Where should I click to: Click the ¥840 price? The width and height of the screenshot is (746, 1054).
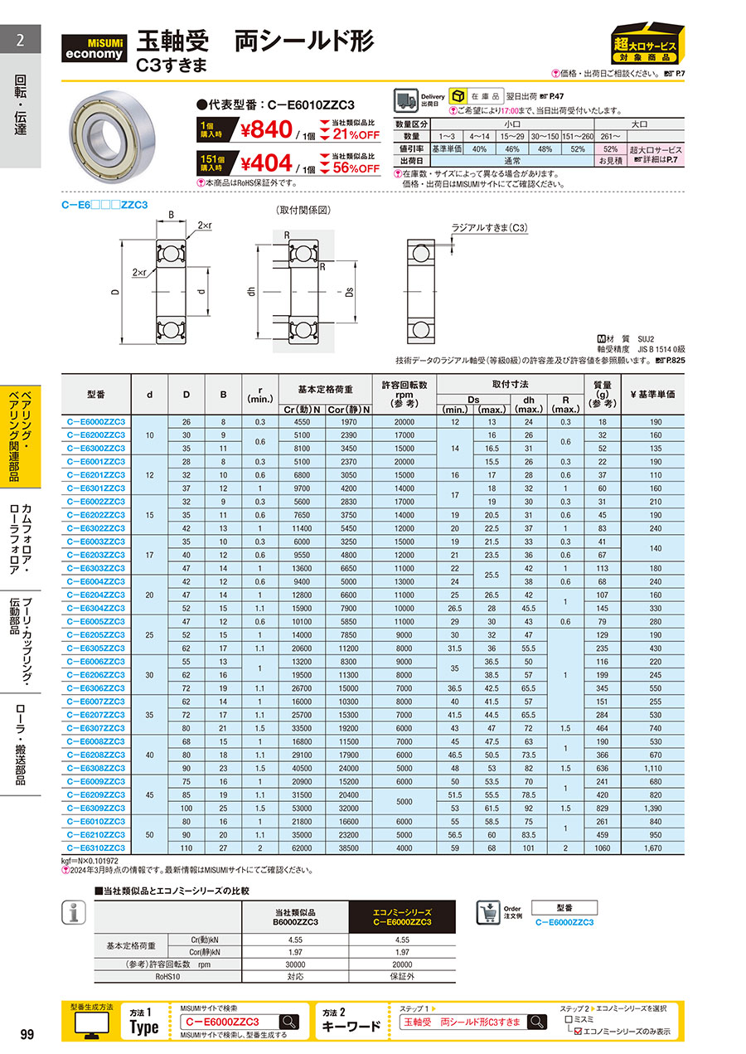click(x=266, y=129)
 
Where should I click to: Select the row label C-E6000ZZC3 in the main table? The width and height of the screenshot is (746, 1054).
click(x=95, y=422)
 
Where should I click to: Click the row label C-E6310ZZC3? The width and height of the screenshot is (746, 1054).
click(x=95, y=848)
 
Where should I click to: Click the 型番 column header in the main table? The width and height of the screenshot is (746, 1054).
click(x=95, y=395)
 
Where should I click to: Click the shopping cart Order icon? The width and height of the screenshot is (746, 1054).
click(x=488, y=912)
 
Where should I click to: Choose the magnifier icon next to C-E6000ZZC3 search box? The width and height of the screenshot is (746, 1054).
click(x=289, y=1022)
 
